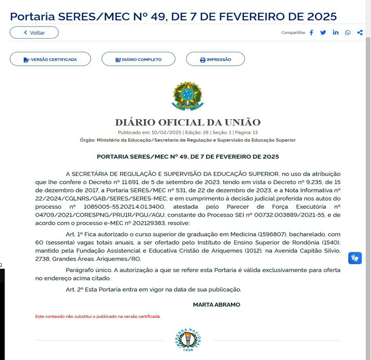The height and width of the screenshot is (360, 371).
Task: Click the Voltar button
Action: click(34, 32)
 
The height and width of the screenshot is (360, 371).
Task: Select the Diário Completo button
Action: click(138, 59)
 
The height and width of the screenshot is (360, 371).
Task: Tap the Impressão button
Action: click(215, 59)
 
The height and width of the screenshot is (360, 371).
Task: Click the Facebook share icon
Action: click(312, 33)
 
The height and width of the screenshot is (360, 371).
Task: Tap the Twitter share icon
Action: click(323, 33)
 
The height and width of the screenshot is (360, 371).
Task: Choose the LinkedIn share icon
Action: click(335, 33)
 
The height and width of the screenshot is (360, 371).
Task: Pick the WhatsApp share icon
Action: click(348, 33)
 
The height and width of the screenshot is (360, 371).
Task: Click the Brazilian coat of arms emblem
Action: click(188, 96)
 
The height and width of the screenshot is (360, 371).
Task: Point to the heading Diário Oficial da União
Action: click(188, 123)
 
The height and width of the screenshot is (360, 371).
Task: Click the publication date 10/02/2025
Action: click(166, 132)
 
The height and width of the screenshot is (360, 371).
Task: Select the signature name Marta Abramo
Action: click(216, 305)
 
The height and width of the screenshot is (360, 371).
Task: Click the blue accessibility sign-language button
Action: click(355, 258)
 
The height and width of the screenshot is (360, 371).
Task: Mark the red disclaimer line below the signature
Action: click(98, 317)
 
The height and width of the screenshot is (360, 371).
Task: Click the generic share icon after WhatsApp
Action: click(360, 33)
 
